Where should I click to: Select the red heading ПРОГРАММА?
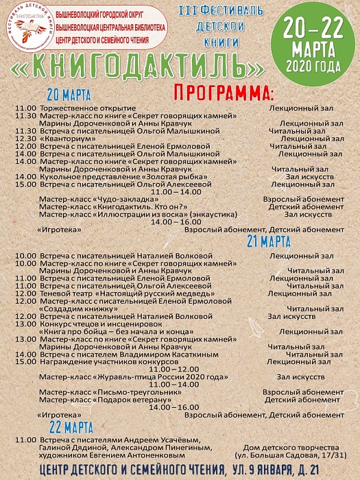click(x=223, y=91)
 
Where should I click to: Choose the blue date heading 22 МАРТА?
click(x=68, y=426)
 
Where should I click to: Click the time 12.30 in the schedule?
click(x=25, y=139)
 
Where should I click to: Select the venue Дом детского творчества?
click(x=283, y=446)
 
